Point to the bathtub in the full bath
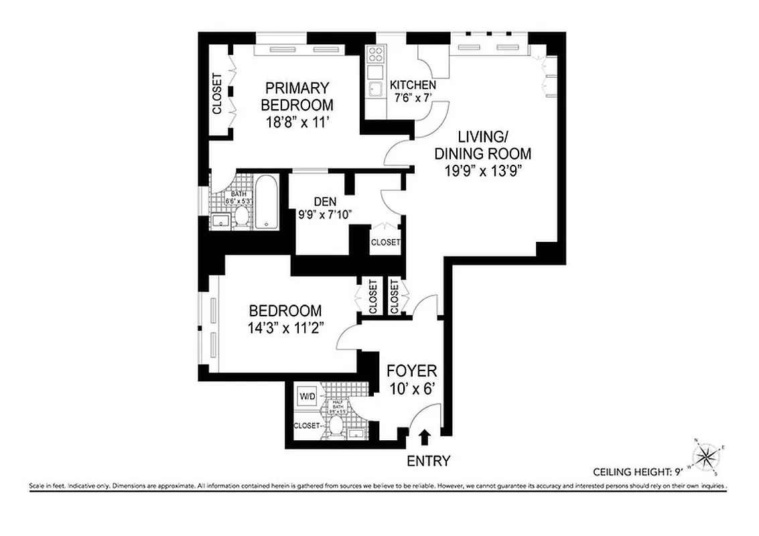266,201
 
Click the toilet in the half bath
336,424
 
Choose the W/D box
307,397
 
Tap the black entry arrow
423,438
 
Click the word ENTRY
428,461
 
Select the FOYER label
412,371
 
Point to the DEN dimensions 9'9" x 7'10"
325,214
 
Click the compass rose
706,457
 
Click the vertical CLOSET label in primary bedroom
216,93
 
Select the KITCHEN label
413,86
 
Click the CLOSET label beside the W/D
306,425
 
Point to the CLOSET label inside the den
385,242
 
